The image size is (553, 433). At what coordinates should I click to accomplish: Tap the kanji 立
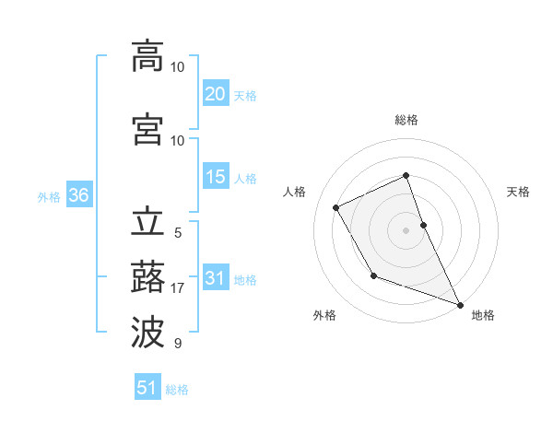tap(147, 222)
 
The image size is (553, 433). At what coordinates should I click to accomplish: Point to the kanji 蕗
tap(147, 277)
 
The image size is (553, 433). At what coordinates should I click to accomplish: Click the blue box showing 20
tap(215, 93)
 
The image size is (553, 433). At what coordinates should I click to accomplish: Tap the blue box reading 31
tap(215, 277)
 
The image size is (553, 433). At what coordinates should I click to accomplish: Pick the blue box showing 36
tap(78, 194)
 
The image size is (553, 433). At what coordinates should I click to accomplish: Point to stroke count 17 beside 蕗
tap(178, 288)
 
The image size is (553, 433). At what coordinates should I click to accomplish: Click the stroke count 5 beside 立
tap(178, 233)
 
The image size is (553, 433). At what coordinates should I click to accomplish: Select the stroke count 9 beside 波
tap(178, 344)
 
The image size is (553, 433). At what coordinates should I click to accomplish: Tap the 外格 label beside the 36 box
tap(49, 196)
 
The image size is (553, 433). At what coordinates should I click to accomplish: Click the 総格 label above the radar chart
tap(406, 120)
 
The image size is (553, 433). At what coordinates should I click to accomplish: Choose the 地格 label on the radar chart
tap(483, 315)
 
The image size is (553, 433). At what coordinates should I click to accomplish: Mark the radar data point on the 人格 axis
tap(336, 207)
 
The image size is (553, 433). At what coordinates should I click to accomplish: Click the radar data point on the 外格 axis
tap(373, 275)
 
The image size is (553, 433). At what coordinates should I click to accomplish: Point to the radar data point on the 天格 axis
tap(423, 224)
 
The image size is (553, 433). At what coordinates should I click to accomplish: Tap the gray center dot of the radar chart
tap(406, 229)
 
